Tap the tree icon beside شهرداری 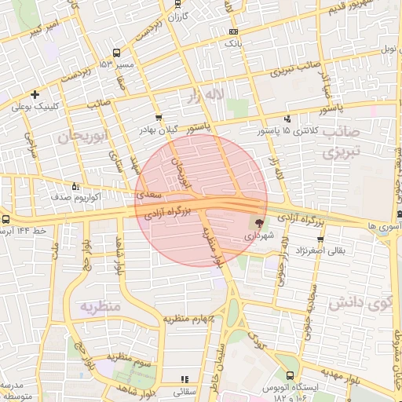point(260,224)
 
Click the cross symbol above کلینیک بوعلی point(35,95)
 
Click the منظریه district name point(100,306)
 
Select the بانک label point(232,44)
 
